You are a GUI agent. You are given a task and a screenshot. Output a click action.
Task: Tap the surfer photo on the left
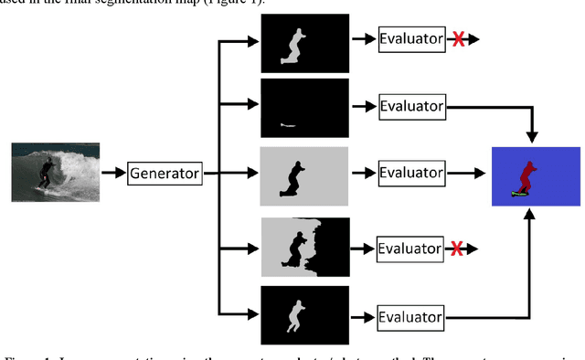54,171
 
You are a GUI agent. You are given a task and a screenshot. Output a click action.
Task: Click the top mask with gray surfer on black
303,43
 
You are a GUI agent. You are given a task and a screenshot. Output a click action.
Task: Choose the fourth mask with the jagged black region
303,248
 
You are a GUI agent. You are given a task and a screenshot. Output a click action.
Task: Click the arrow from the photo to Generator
112,172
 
